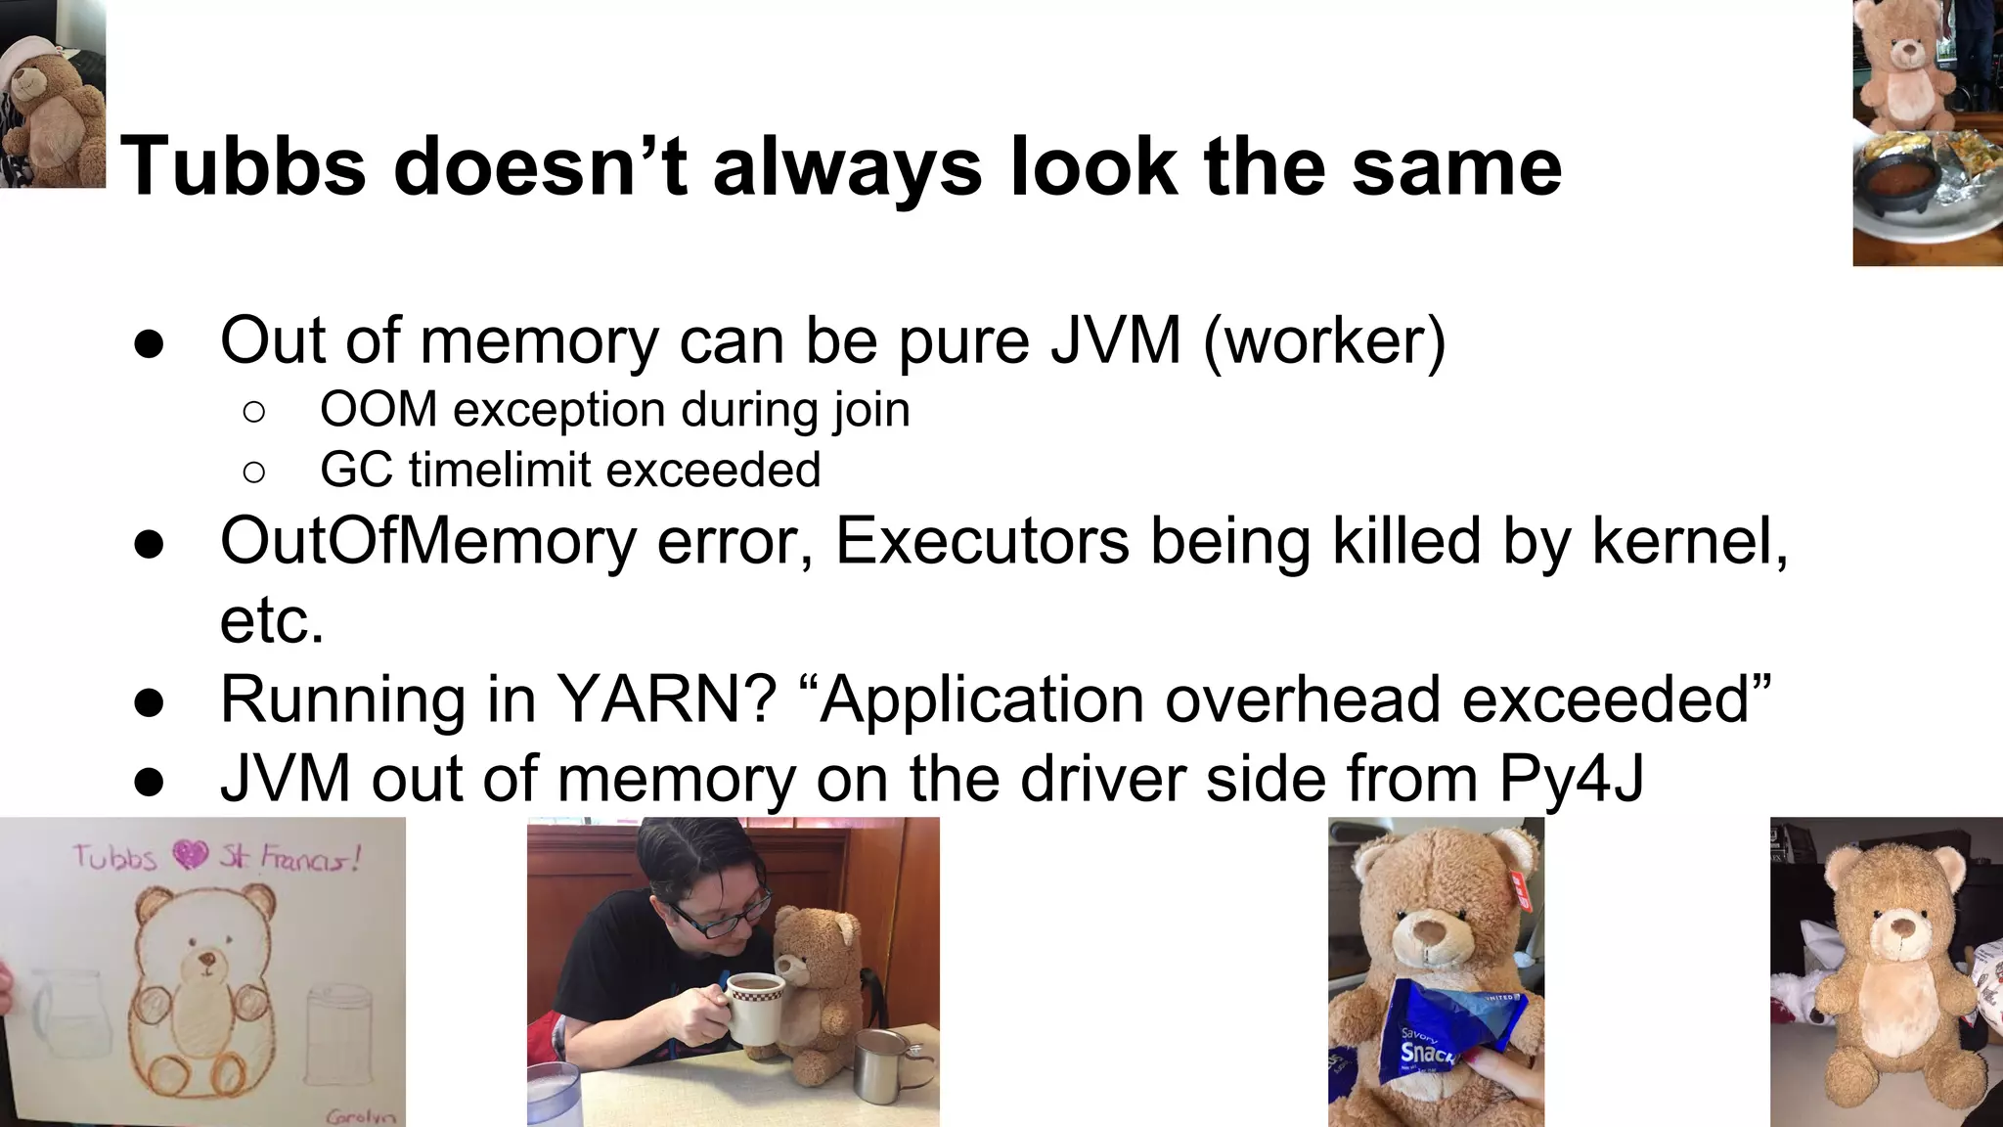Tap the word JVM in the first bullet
[x=1116, y=340]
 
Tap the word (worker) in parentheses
[x=1324, y=340]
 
